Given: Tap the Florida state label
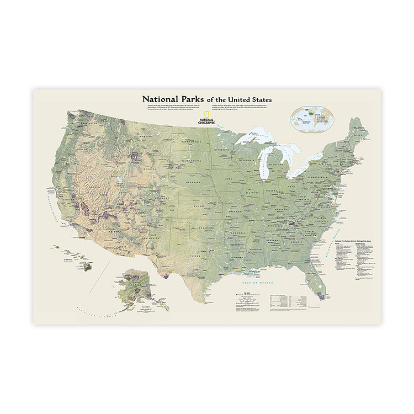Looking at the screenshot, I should (x=313, y=272).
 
